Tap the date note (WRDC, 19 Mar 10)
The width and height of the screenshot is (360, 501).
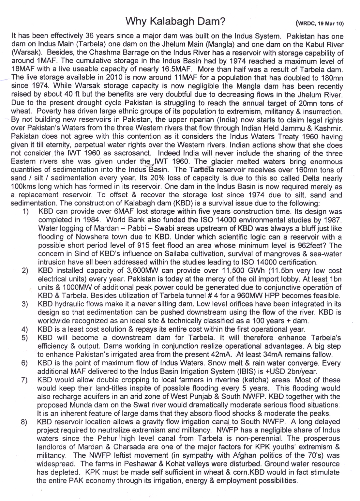[320, 23]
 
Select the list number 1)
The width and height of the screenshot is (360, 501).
[26, 212]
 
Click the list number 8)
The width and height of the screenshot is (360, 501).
[24, 422]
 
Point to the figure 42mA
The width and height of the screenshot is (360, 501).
[220, 355]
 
